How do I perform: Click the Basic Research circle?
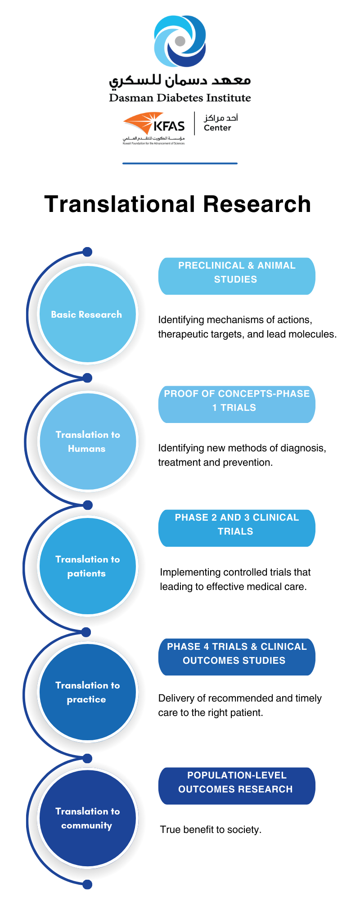pos(87,314)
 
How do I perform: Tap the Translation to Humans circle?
pos(87,441)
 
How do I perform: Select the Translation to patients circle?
pos(87,566)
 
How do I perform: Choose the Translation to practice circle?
pos(87,692)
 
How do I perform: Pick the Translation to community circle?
pos(87,818)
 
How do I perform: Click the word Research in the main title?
pos(256,204)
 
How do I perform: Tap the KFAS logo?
pos(154,126)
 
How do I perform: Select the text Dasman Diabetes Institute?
pos(180,98)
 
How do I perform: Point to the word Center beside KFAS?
pos(217,128)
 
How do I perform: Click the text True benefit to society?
pos(211,830)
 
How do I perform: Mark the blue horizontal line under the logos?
pos(180,163)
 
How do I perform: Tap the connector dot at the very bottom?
pos(88,885)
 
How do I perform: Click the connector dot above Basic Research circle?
pos(88,252)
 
